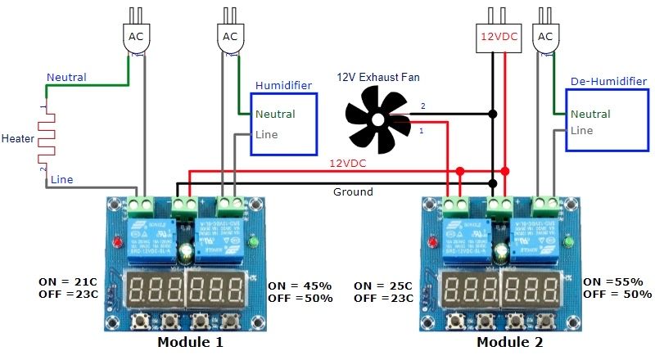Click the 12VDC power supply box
pos(499,36)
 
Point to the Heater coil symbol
pos(46,139)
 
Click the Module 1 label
pos(189,341)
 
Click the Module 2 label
pos(509,341)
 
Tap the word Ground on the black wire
pos(353,192)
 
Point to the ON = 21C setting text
pos(69,281)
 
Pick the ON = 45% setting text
pos(300,286)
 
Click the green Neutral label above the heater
pos(66,77)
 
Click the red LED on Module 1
pos(120,242)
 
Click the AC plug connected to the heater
pos(136,36)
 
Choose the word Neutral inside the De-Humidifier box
pos(590,115)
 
